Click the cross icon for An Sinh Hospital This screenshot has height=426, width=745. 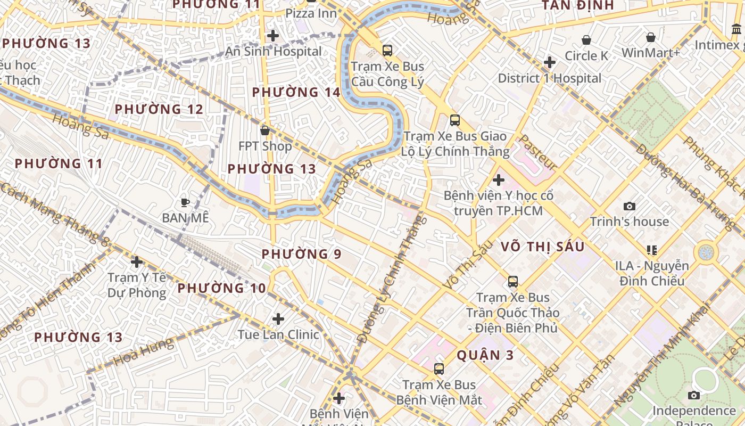(x=273, y=36)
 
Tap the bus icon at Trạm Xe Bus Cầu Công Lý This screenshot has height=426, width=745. (x=387, y=51)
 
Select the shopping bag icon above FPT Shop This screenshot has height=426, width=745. (x=264, y=130)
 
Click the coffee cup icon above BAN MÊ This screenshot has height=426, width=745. (x=185, y=202)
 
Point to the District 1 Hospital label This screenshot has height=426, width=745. (x=549, y=78)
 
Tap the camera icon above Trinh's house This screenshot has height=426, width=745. (x=630, y=206)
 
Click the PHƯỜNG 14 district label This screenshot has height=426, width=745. (x=296, y=92)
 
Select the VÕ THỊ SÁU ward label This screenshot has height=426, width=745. (x=542, y=247)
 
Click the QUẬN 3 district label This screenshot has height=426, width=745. (x=485, y=355)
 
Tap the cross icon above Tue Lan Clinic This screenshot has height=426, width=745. (x=278, y=319)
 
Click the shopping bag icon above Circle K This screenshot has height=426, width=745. (x=586, y=40)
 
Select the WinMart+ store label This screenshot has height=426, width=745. (x=650, y=53)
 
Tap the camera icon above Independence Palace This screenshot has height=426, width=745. (x=693, y=395)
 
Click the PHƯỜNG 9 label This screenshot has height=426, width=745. (x=301, y=254)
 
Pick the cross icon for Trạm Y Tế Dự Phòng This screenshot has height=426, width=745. (x=137, y=261)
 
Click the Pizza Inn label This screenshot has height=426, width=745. (x=311, y=13)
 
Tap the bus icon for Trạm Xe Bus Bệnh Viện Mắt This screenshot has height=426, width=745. (x=439, y=368)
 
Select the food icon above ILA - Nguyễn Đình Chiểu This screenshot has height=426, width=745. (x=652, y=250)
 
